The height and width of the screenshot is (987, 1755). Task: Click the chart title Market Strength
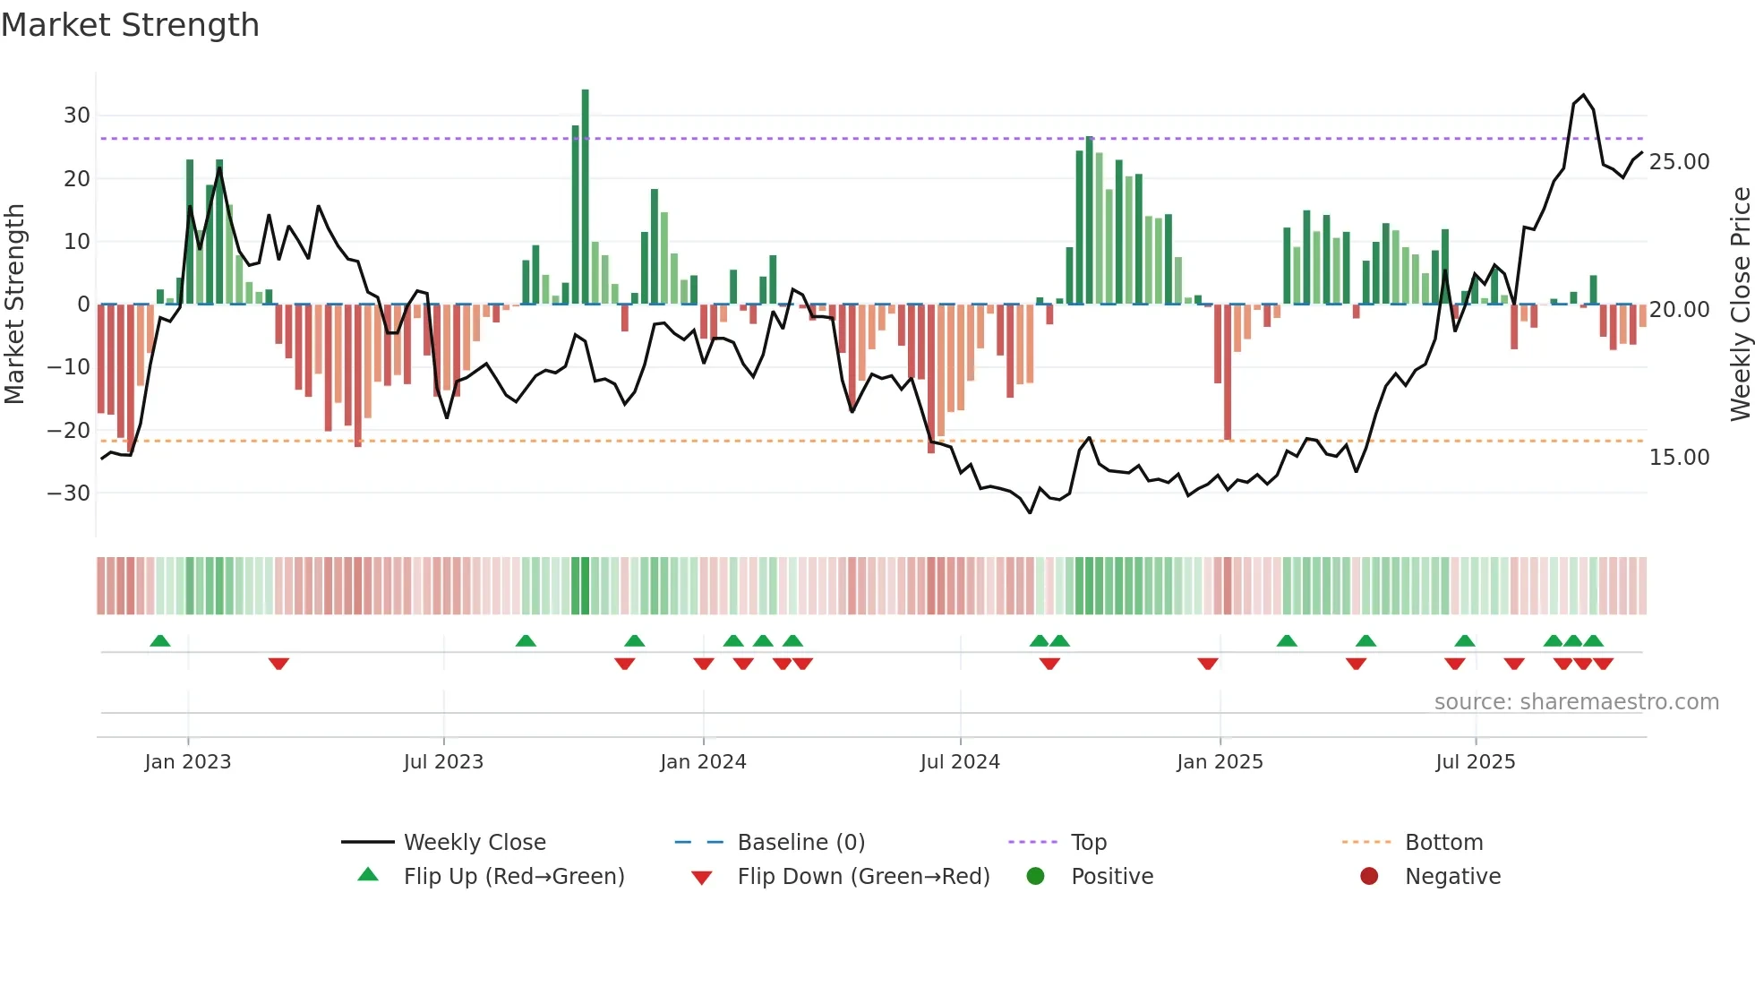coord(130,25)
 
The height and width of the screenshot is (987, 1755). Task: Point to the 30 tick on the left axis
coord(76,116)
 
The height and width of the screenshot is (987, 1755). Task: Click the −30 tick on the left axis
coord(69,493)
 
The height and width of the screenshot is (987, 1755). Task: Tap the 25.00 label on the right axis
coord(1679,162)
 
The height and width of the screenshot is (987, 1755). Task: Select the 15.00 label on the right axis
coord(1679,458)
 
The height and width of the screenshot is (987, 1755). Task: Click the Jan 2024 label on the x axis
coord(703,762)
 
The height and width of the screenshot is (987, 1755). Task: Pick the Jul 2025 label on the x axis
coord(1475,762)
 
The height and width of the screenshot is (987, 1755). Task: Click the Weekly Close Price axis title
coord(1740,305)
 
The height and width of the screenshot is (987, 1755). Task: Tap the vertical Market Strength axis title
coord(15,305)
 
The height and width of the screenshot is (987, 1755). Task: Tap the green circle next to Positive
coord(1036,877)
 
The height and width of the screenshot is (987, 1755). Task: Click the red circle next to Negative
coord(1369,877)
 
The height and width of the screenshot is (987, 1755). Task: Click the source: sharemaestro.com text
coord(1576,702)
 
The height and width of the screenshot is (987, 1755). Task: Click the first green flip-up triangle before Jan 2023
coord(160,641)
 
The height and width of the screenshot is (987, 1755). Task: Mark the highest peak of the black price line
coord(1583,95)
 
